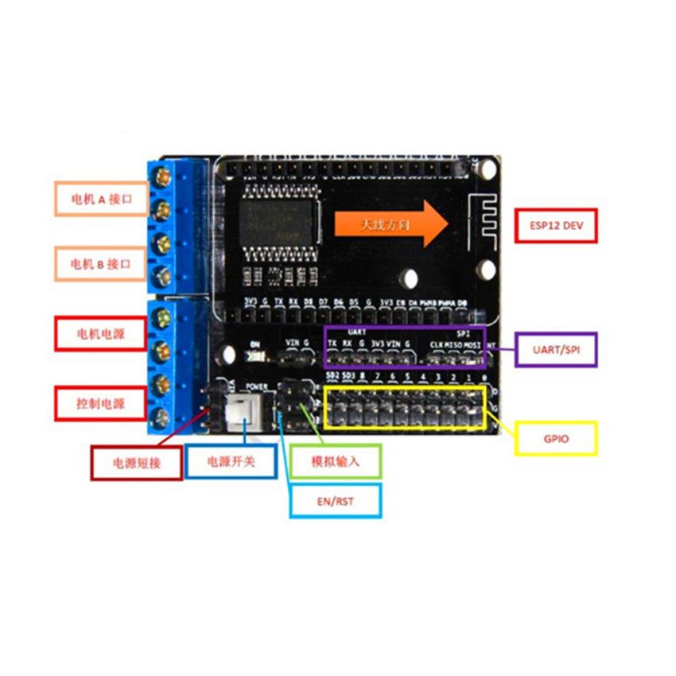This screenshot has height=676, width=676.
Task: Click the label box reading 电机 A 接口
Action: click(101, 199)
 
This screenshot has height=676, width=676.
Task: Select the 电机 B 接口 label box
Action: click(101, 263)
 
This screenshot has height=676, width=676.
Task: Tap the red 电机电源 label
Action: click(101, 332)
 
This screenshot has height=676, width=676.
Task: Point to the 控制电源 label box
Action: click(101, 403)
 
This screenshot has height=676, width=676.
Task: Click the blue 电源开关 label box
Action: click(231, 460)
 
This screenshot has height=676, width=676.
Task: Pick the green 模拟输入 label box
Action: click(335, 460)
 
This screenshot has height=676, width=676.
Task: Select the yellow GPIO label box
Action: click(556, 438)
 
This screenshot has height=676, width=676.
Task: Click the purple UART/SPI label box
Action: click(555, 348)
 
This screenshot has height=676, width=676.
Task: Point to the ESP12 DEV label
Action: click(555, 226)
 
